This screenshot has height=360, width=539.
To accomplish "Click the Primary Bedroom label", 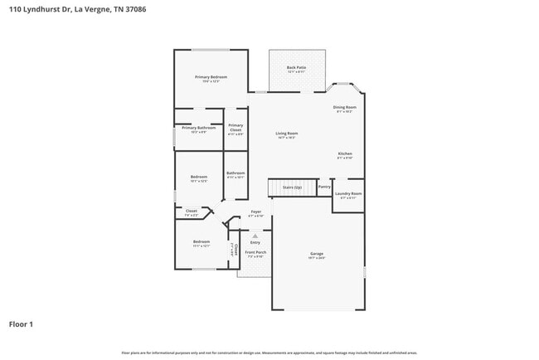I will click(x=211, y=77).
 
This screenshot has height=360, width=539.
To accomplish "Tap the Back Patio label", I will click(x=297, y=67).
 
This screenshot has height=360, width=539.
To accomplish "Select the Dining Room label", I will click(x=345, y=107).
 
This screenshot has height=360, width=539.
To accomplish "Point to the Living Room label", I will click(x=287, y=133).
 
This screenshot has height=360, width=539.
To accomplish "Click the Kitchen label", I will click(x=345, y=153).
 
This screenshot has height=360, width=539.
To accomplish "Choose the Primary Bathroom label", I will click(x=199, y=128).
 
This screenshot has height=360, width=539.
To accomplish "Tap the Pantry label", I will click(x=324, y=187).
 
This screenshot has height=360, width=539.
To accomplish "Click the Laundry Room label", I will click(x=348, y=193).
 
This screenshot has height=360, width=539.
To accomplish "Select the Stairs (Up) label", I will click(x=292, y=187).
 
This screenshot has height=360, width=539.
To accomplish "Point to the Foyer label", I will click(x=256, y=212).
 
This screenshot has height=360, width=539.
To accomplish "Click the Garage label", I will click(x=317, y=253).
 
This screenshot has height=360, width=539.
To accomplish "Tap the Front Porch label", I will click(x=255, y=252).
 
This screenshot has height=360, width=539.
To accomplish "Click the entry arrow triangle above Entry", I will click(x=255, y=236).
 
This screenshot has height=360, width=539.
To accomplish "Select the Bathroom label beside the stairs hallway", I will click(x=236, y=173).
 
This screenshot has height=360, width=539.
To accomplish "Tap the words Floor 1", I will click(x=21, y=324).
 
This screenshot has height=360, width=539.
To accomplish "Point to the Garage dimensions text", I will click(x=317, y=258).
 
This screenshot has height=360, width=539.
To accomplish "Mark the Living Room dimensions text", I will click(x=287, y=138).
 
